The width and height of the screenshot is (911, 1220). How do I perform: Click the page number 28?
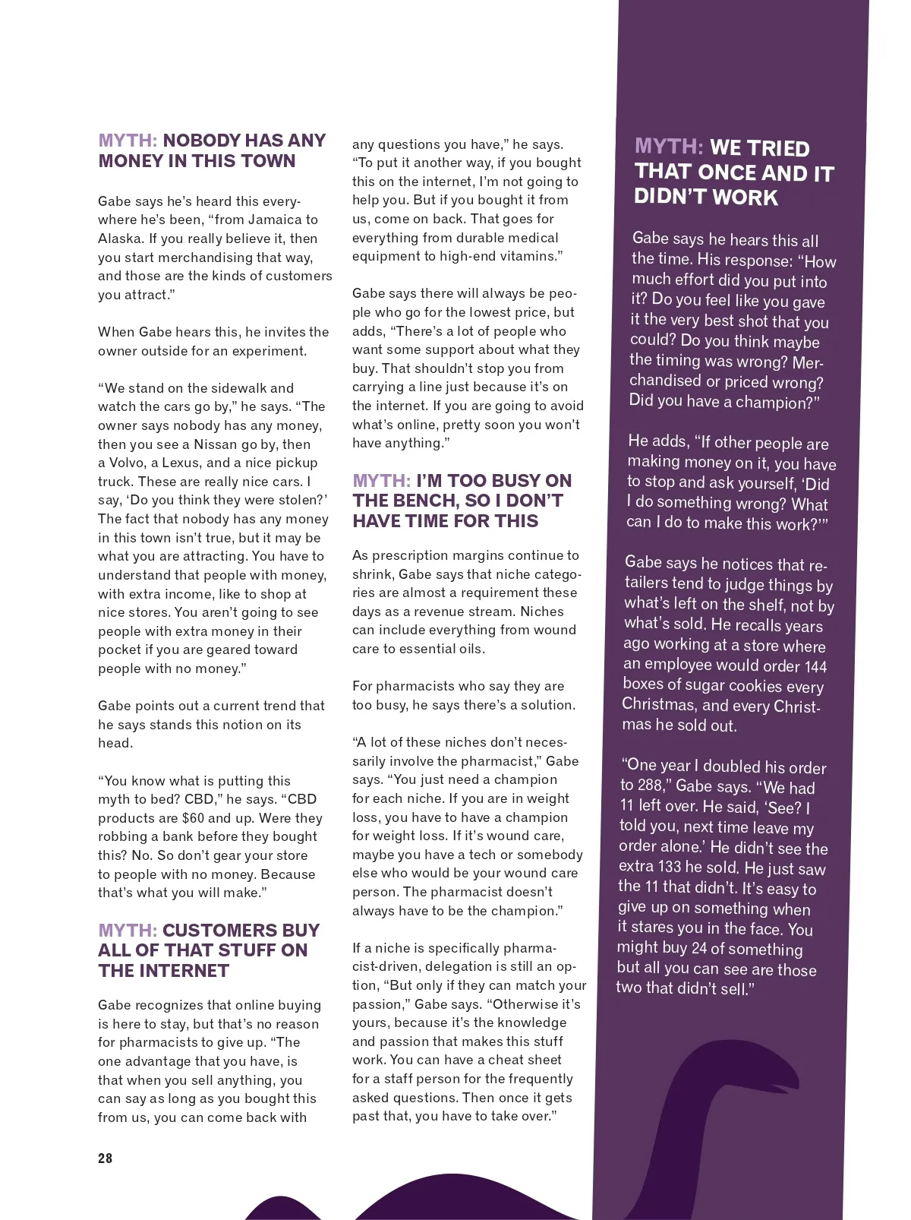(105, 1158)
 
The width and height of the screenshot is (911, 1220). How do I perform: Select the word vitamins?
(527, 256)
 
